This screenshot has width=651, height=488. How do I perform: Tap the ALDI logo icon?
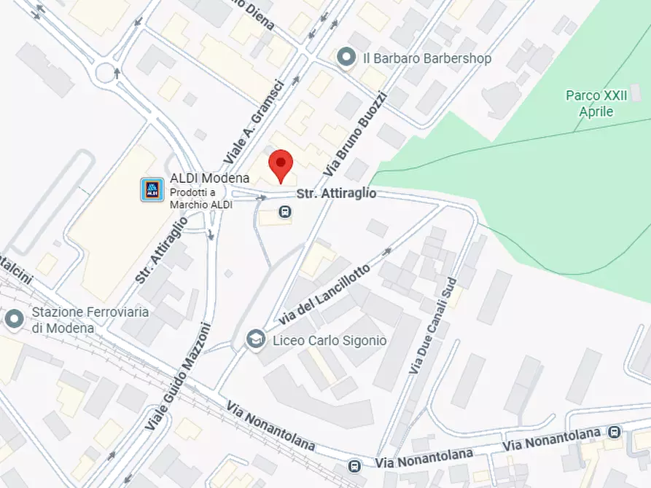coord(152,189)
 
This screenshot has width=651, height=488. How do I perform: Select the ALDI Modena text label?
coord(210,178)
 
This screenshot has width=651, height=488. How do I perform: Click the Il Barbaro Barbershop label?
coord(426,58)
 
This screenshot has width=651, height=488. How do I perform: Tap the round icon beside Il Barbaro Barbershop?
coord(347,57)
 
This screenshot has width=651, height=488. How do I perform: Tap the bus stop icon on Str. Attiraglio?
coord(284,213)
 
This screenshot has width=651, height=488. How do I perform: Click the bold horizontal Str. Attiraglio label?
coord(336,194)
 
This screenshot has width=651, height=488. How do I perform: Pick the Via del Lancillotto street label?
coord(324,297)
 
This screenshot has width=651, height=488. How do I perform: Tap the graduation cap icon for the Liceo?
coord(255,339)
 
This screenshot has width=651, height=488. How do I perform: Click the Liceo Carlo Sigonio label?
coord(330,340)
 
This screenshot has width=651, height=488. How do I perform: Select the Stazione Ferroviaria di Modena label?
coord(90,320)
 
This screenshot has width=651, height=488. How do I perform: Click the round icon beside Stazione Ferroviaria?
coord(15,318)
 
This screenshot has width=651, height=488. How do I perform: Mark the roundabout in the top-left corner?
coord(106,73)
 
